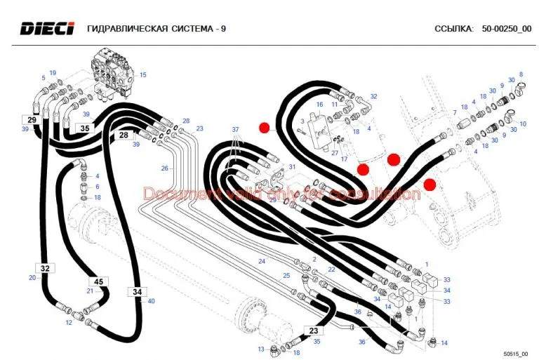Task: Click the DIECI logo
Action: point(47,28)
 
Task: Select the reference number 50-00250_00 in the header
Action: point(506,29)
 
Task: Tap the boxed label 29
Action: point(32,120)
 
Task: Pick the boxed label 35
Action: point(85,128)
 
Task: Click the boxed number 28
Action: point(124,135)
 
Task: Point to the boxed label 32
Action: point(45,268)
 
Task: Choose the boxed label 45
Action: point(99,281)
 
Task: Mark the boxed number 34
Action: point(137,292)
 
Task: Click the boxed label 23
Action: point(314,331)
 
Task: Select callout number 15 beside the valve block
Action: point(142,74)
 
